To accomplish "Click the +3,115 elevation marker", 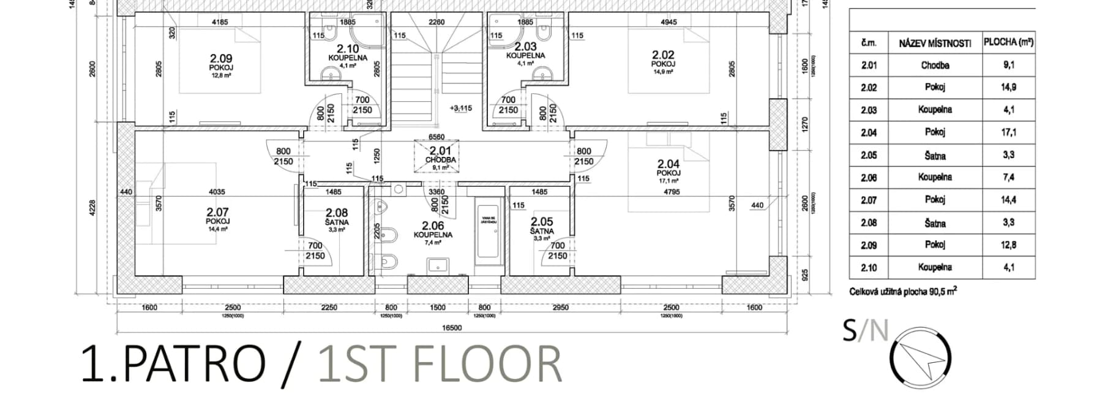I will point(460,108).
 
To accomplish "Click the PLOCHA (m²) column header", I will point(1008,42).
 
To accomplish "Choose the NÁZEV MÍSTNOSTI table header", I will point(934,43).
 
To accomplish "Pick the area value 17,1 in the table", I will point(1008,132).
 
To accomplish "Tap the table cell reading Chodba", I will point(934,65).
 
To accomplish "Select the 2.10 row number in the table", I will point(868,267).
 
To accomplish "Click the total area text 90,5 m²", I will point(943,292).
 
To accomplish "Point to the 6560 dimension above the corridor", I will point(437,137).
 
